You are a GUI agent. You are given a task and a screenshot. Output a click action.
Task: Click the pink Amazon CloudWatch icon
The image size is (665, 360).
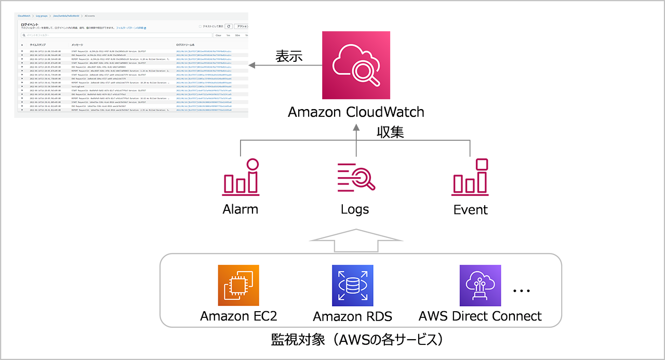356,65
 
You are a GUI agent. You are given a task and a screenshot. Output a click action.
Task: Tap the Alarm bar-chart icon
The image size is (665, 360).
241,177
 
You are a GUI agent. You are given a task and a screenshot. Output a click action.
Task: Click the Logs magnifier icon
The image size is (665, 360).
356,177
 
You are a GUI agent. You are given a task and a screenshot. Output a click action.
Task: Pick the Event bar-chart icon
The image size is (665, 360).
471,177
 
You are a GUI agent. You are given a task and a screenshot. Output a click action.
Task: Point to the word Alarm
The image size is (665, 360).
241,209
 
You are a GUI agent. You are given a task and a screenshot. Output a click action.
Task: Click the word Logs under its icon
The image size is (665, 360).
355,209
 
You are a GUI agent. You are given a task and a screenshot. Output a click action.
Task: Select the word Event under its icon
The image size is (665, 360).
471,209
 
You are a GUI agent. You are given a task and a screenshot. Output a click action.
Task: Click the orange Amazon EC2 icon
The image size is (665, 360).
238,285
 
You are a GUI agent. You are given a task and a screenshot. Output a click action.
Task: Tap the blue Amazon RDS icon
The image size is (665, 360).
353,285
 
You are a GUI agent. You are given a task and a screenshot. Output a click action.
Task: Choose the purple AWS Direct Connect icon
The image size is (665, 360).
480,285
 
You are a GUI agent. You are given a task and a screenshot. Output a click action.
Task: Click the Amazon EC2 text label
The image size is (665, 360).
238,316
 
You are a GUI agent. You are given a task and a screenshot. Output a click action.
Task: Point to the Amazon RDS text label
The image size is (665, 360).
353,316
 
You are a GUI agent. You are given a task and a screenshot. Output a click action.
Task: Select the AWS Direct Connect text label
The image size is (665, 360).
480,316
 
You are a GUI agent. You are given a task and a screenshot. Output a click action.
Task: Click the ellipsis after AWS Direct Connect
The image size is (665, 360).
521,291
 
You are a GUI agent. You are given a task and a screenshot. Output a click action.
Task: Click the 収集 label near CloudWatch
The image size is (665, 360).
390,132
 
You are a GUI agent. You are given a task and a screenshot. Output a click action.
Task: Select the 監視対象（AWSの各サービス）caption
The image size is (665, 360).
356,340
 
